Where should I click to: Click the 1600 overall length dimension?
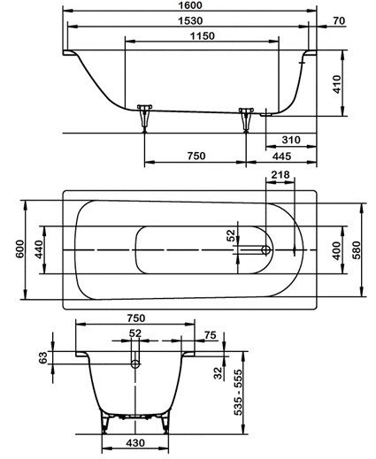(x=190, y=5)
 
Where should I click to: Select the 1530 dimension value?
(x=191, y=20)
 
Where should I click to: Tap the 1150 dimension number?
(x=203, y=36)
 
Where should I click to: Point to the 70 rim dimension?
(x=339, y=20)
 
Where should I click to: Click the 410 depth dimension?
(x=336, y=84)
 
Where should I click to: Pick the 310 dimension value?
(x=291, y=140)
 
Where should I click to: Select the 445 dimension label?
(x=281, y=156)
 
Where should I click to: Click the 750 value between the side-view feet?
(x=196, y=156)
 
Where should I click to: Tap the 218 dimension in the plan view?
(x=280, y=175)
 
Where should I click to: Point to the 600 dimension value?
(x=20, y=249)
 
